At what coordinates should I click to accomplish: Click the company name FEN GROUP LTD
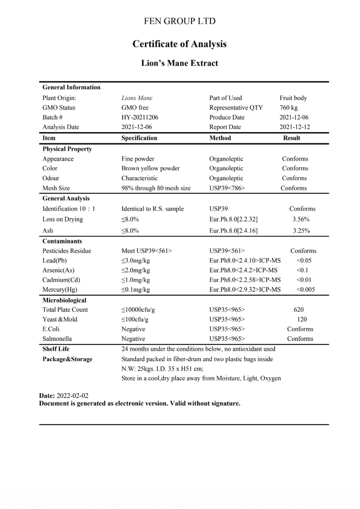(x=180, y=21)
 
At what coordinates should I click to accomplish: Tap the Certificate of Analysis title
(x=180, y=44)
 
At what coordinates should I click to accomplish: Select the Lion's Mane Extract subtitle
(x=180, y=64)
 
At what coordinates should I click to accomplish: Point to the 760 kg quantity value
(x=288, y=108)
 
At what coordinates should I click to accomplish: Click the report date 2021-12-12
(x=294, y=127)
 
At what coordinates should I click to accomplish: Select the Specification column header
(x=139, y=138)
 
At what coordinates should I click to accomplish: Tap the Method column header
(x=220, y=138)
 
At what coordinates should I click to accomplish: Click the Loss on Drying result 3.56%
(x=301, y=220)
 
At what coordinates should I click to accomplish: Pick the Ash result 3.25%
(x=301, y=231)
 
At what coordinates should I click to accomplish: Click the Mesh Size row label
(x=56, y=188)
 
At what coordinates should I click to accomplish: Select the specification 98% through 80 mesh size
(x=156, y=188)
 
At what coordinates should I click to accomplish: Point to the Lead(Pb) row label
(x=55, y=261)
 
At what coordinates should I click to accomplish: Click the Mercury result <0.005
(x=305, y=290)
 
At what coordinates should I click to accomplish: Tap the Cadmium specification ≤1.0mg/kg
(x=136, y=280)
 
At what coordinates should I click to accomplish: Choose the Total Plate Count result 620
(x=299, y=310)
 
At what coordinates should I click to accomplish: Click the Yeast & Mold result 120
(x=302, y=320)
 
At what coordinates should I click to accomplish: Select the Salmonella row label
(x=57, y=339)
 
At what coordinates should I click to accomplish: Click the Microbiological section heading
(x=64, y=300)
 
